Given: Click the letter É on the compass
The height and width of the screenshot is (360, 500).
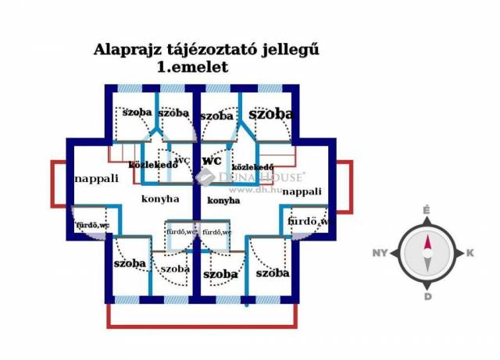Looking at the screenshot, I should (x=427, y=210).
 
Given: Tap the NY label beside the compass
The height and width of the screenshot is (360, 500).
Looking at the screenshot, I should (x=380, y=253).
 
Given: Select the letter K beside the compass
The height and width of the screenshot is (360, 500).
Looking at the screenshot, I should (x=470, y=253).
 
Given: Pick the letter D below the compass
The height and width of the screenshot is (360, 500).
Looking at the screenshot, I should (x=428, y=296).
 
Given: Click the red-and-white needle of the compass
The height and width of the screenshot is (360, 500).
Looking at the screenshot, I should (x=427, y=251).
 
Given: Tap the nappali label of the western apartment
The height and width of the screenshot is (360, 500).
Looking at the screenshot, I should (x=96, y=178).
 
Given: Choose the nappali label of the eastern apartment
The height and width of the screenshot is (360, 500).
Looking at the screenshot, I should (x=302, y=191).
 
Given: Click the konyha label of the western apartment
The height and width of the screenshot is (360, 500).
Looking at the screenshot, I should (x=160, y=199).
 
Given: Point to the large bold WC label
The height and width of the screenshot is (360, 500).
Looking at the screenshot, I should (x=212, y=160).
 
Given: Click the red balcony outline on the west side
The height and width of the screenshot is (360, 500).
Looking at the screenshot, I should (x=52, y=184).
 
